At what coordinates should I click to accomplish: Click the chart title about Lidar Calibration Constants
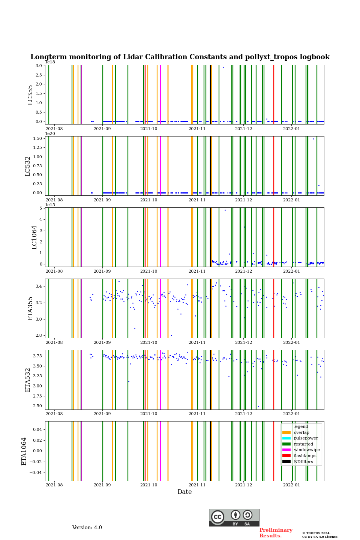tap(180, 57)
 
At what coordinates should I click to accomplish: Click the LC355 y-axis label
tap(30, 95)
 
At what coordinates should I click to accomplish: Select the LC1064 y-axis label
tap(34, 237)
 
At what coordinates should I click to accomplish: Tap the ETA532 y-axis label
tap(28, 379)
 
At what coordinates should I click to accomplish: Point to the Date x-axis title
tap(184, 492)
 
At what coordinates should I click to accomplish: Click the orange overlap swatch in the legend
tap(286, 432)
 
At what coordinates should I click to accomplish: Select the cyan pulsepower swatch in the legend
tap(286, 438)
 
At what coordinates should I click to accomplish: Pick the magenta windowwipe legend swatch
tap(286, 450)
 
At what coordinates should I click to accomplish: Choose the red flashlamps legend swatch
tap(286, 456)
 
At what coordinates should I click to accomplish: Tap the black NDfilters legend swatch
tap(286, 462)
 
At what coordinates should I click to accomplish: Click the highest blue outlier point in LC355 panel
tap(223, 67)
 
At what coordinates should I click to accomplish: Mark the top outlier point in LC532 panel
tap(313, 139)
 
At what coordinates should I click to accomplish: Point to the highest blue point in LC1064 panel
tap(225, 210)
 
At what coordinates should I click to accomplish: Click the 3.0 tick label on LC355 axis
tap(39, 66)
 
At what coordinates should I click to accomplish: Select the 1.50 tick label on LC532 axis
tap(37, 138)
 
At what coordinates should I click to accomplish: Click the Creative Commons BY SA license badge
tap(234, 517)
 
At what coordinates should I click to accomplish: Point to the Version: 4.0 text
tap(87, 528)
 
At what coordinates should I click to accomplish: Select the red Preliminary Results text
tap(276, 533)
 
